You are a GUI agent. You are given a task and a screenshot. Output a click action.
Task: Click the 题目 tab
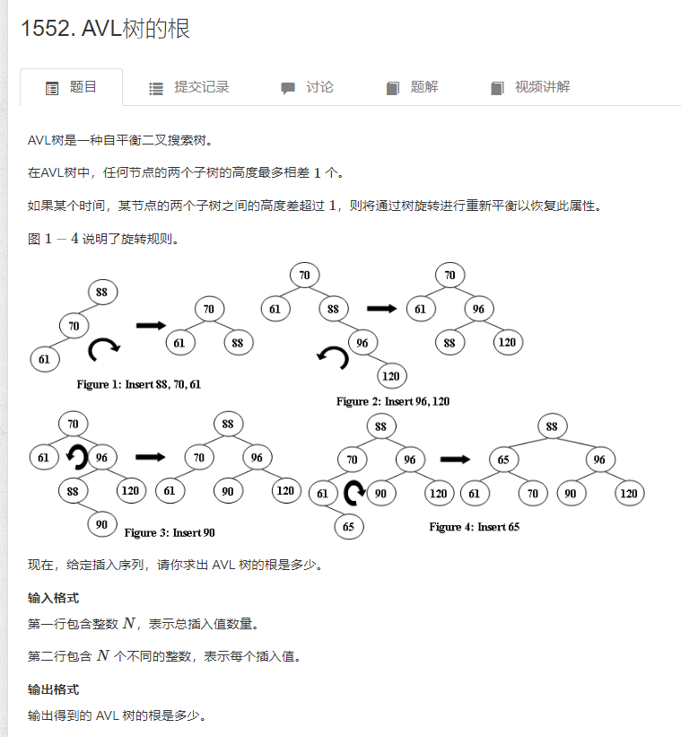pyautogui.click(x=71, y=87)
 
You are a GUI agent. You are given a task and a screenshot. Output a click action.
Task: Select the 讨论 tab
pyautogui.click(x=307, y=87)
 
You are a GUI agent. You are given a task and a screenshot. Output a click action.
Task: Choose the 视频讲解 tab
pyautogui.click(x=530, y=87)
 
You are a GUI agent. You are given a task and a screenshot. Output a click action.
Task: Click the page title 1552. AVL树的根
pyautogui.click(x=105, y=29)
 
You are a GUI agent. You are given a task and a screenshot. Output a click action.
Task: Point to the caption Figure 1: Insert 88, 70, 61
pyautogui.click(x=139, y=384)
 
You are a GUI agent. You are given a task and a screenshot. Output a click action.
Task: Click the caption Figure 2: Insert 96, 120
pyautogui.click(x=393, y=401)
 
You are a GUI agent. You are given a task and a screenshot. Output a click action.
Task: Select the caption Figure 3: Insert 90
pyautogui.click(x=170, y=532)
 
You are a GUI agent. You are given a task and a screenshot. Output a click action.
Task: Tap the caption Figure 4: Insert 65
pyautogui.click(x=474, y=527)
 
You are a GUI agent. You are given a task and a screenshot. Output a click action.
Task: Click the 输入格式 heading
pyautogui.click(x=53, y=598)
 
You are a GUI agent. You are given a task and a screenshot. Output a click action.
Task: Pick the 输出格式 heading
pyautogui.click(x=53, y=689)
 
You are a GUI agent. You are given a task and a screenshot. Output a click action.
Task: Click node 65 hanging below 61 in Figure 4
pyautogui.click(x=349, y=527)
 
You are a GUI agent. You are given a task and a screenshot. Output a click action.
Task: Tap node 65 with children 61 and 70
pyautogui.click(x=504, y=459)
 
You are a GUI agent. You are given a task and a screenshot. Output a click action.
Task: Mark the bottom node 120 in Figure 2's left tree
pyautogui.click(x=391, y=375)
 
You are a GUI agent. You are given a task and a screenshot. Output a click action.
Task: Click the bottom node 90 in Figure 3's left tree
pyautogui.click(x=101, y=524)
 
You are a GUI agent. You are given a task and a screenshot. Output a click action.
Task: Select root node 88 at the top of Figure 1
pyautogui.click(x=102, y=292)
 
